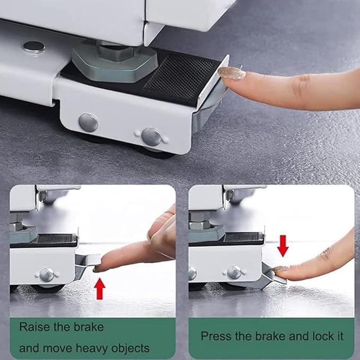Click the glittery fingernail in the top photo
point(232,73)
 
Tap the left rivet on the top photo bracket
point(88,122)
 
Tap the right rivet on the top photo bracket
point(151,136)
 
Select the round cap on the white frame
point(33,47)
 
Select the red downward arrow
point(283,245)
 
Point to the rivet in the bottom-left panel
point(47,275)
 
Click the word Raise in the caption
point(34,327)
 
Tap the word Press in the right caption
point(215,336)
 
